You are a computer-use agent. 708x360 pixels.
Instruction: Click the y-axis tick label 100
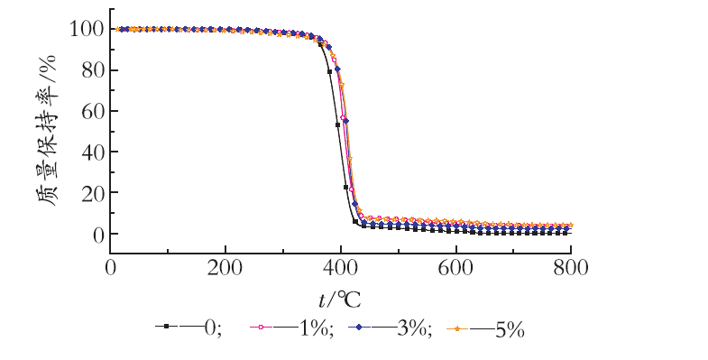(x=87, y=30)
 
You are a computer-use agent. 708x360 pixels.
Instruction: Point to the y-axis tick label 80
(x=93, y=70)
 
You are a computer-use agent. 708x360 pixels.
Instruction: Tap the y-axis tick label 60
(x=93, y=111)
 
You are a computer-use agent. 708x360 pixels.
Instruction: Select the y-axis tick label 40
(x=93, y=152)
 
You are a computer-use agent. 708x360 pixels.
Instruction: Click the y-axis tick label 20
(x=93, y=192)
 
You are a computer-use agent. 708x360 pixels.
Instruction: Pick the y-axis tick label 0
(x=99, y=234)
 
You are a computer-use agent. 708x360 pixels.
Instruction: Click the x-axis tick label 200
(x=225, y=268)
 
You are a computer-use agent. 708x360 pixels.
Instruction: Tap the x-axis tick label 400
(x=340, y=268)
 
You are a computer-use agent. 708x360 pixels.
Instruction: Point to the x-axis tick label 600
(x=456, y=268)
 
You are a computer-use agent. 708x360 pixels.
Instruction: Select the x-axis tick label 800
(x=571, y=268)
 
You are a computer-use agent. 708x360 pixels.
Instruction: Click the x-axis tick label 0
(x=111, y=268)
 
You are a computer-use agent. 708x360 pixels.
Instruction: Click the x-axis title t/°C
(x=339, y=300)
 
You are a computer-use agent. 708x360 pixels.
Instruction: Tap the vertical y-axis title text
(x=47, y=131)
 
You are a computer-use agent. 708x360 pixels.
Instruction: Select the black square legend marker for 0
(x=166, y=326)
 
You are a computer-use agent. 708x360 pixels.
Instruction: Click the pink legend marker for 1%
(x=261, y=327)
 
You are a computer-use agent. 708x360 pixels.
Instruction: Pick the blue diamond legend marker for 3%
(x=360, y=327)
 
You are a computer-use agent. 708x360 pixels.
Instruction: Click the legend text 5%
(x=510, y=330)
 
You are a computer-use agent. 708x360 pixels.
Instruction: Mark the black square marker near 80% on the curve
(x=329, y=71)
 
